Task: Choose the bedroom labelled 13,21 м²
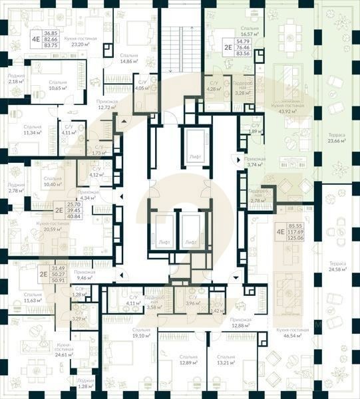click(x=227, y=360)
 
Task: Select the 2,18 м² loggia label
click(x=16, y=78)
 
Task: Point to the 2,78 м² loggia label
click(x=16, y=188)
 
